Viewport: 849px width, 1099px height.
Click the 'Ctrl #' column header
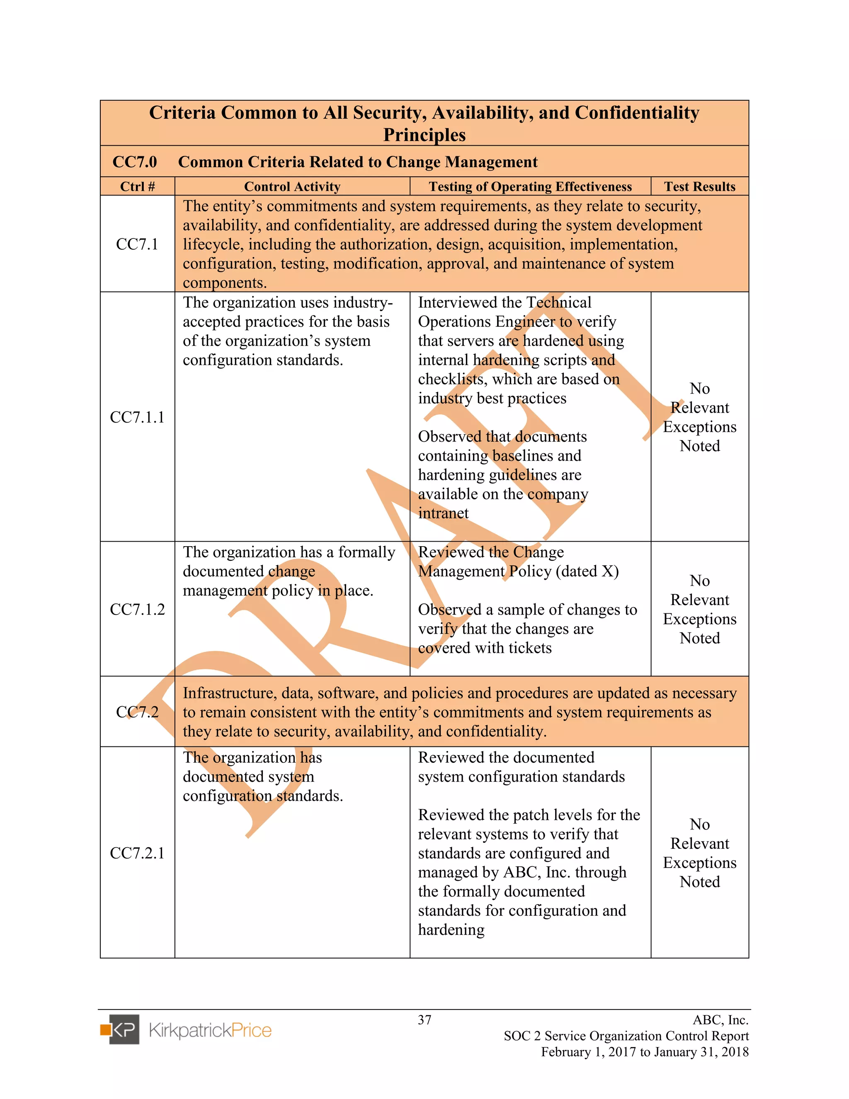click(137, 187)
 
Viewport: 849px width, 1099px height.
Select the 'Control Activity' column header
click(292, 187)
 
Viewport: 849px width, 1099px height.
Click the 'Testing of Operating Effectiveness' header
click(530, 187)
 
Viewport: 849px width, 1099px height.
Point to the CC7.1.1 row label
click(137, 417)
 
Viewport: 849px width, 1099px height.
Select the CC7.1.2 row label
click(137, 609)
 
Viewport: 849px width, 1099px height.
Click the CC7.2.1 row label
click(137, 853)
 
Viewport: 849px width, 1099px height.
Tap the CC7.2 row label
click(137, 712)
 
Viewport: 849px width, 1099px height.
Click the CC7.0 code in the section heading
click(135, 162)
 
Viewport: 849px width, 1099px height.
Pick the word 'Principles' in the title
click(424, 135)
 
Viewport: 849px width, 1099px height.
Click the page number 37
click(424, 1020)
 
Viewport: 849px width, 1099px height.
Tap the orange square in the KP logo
click(105, 1030)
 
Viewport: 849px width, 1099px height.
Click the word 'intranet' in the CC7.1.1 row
click(443, 513)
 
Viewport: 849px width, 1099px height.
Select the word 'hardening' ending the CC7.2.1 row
click(451, 930)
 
